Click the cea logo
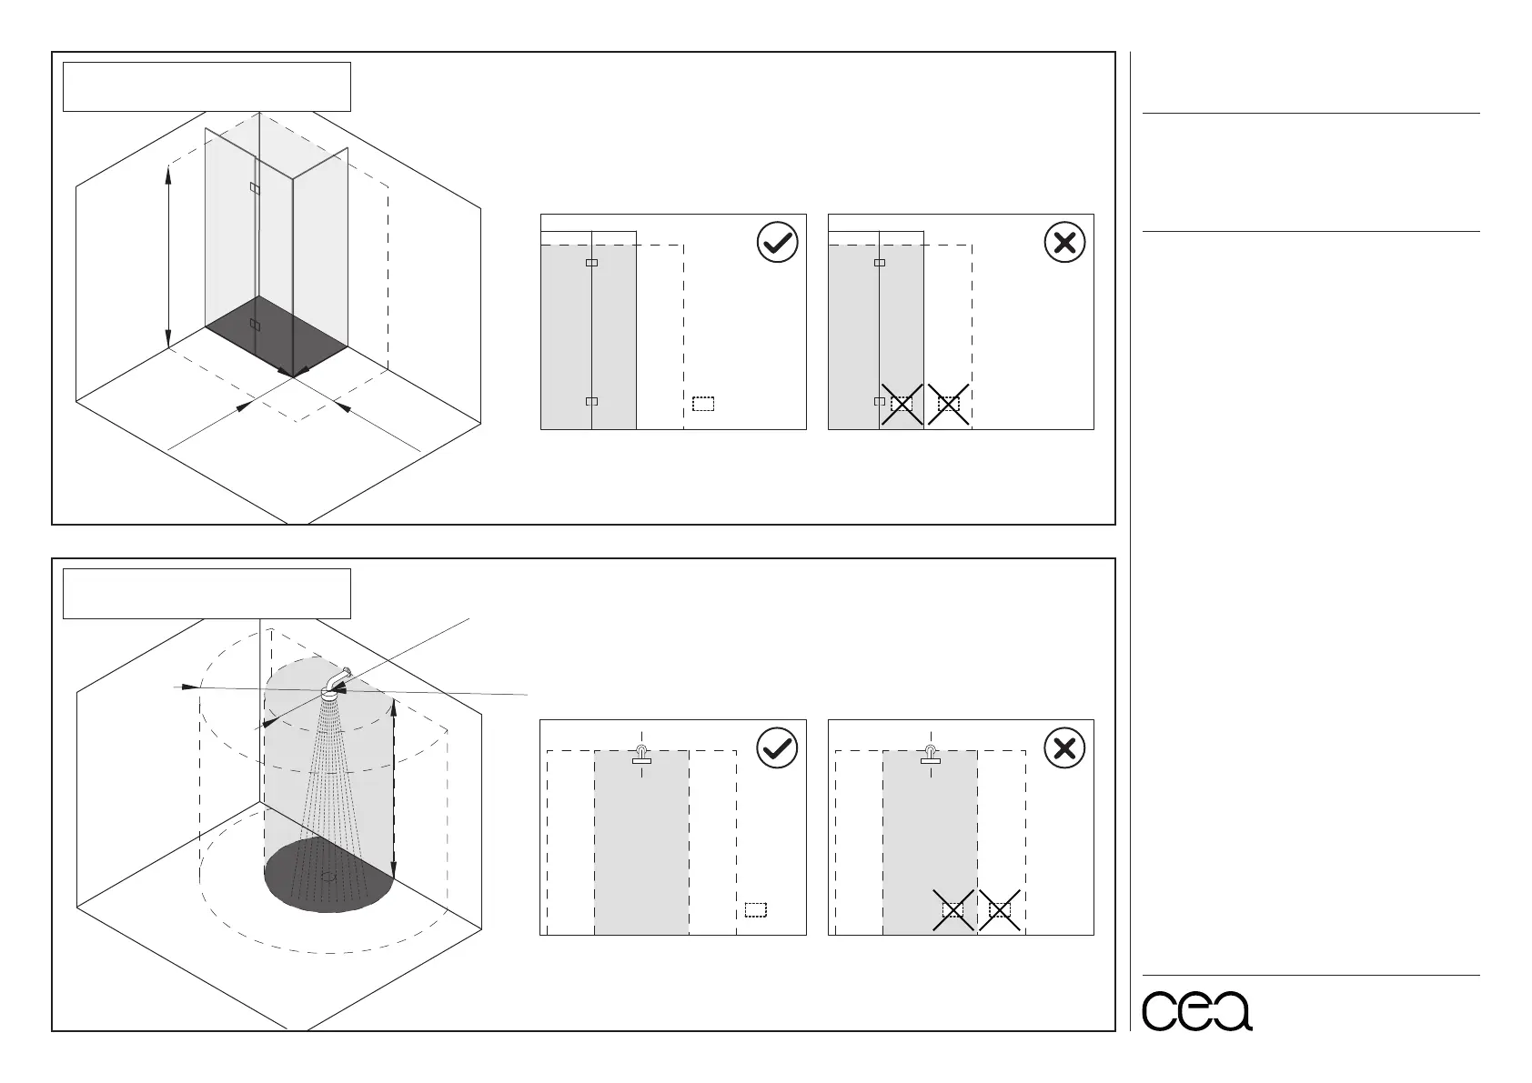pos(1196,1009)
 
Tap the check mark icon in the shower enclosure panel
pos(777,243)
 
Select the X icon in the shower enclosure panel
pos(1064,243)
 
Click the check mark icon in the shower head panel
pos(777,748)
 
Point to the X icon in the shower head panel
pos(1064,748)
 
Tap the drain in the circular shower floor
pos(329,877)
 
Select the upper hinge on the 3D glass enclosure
pos(254,188)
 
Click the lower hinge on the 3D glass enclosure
pos(254,325)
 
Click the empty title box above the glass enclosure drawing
pos(207,86)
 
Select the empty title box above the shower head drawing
pos(207,593)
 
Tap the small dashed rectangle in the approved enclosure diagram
pos(703,404)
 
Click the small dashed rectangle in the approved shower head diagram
pos(756,909)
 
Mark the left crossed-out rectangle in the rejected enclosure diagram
pos(902,404)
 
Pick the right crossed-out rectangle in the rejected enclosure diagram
pos(949,404)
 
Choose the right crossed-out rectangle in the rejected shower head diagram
pos(1000,909)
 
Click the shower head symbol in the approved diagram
pos(641,755)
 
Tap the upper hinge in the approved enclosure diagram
pos(591,263)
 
